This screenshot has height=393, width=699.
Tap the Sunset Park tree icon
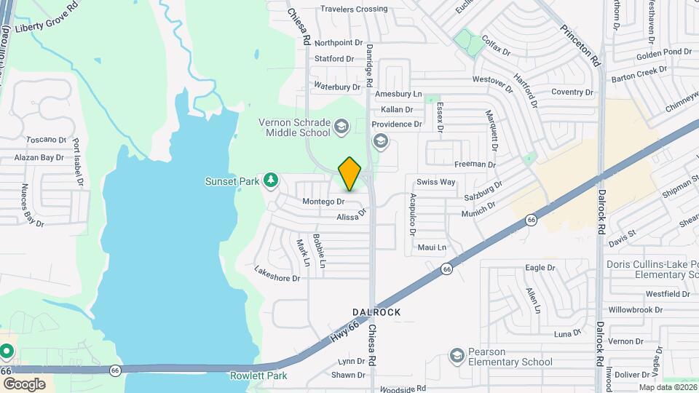click(x=270, y=180)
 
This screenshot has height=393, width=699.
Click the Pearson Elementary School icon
click(x=457, y=356)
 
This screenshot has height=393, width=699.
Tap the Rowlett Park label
click(x=258, y=376)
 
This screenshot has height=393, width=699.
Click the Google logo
click(x=24, y=384)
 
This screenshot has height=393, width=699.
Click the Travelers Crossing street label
click(x=354, y=9)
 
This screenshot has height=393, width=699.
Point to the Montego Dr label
click(x=323, y=201)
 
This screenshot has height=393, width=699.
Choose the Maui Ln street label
click(x=432, y=247)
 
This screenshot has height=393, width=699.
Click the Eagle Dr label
click(x=540, y=268)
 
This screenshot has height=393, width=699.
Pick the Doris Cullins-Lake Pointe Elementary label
click(x=652, y=269)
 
